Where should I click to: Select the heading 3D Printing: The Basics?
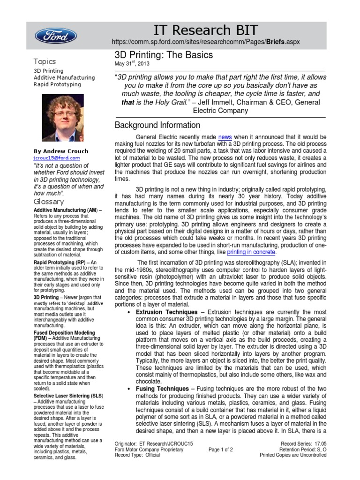[x=164, y=55]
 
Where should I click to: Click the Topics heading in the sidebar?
[x=45, y=61]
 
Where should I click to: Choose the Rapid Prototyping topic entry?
[x=57, y=84]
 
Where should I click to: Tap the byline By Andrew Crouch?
[x=60, y=151]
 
